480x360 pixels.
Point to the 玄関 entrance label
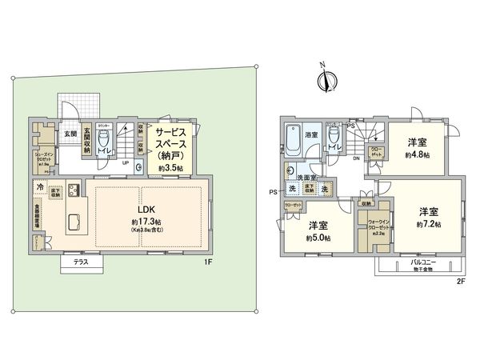[70, 134]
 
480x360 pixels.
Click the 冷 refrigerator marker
[39, 186]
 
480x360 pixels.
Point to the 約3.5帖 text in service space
[169, 169]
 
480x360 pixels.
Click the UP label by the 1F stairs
[125, 163]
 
